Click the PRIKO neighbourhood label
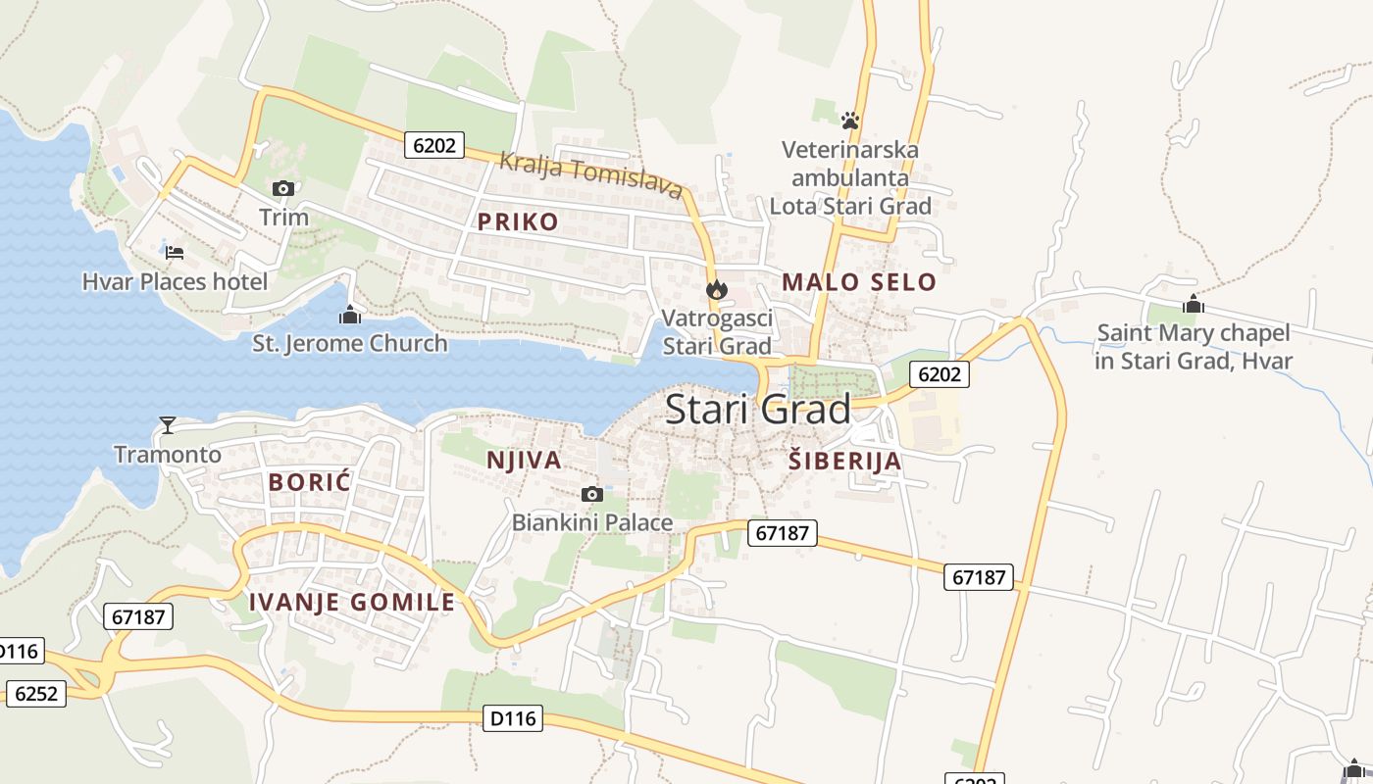tap(518, 221)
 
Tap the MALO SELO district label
tap(859, 282)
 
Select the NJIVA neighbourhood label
tap(524, 460)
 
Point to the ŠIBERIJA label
tap(844, 461)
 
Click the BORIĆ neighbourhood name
tap(309, 481)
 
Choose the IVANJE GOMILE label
tap(352, 602)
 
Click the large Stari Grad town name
tap(758, 410)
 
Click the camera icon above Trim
tap(283, 188)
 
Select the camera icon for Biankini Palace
tap(591, 494)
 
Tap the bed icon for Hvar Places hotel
tap(175, 253)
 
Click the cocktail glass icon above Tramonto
tap(168, 424)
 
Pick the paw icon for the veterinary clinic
tap(850, 121)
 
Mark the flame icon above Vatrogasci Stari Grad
tap(717, 289)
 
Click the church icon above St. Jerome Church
tap(350, 315)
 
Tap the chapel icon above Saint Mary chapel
tap(1193, 304)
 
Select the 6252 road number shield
tap(37, 693)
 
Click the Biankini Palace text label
tap(592, 522)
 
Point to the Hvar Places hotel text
tap(175, 282)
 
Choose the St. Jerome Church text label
tap(350, 344)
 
